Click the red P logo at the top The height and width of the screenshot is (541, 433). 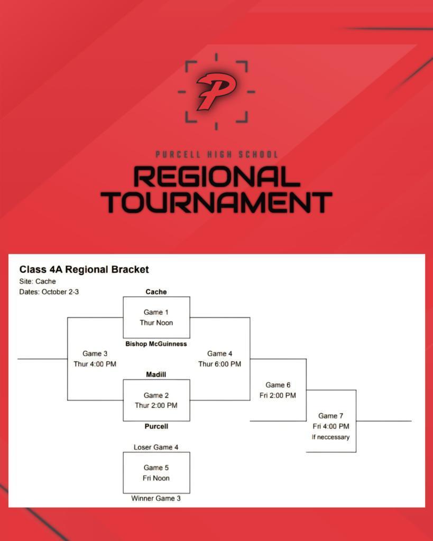216,91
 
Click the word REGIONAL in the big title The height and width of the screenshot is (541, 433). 216,177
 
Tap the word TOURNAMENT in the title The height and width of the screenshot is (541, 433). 216,202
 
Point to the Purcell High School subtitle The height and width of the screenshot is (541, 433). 216,154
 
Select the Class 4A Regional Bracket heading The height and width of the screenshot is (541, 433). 84,269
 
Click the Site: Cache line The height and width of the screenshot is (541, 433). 38,282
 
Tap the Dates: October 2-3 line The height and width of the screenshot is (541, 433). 49,292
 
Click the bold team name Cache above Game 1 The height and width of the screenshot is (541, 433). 156,292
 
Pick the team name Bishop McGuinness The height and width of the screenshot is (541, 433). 156,344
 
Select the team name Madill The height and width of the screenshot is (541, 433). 156,375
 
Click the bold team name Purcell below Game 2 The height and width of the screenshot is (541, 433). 156,426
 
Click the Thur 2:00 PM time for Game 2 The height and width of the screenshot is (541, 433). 156,406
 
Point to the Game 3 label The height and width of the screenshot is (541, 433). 95,353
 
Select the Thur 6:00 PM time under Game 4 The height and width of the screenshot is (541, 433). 219,364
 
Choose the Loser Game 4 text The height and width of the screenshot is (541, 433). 156,447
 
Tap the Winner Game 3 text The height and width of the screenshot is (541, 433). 156,498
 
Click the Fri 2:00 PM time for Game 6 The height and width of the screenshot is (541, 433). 278,395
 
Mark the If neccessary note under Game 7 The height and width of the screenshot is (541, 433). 330,437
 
